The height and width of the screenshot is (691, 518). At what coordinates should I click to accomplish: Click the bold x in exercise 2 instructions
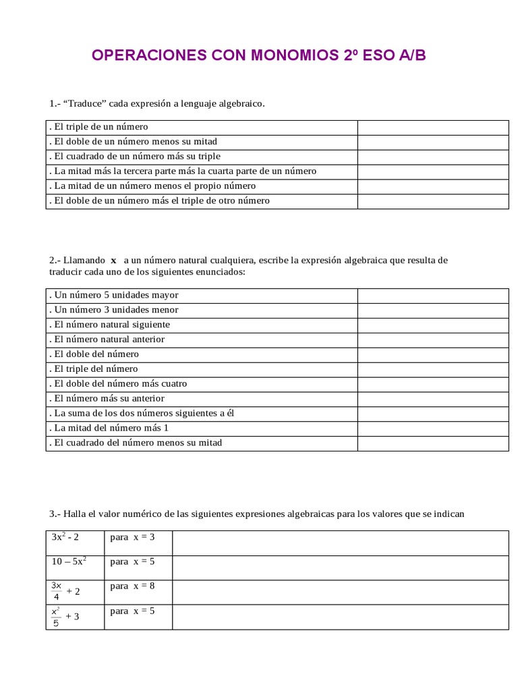[114, 260]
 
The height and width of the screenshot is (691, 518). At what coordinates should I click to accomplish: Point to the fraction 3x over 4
[57, 590]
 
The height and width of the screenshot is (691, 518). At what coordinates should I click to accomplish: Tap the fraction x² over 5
[56, 616]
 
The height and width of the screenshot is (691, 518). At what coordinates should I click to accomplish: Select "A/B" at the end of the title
[411, 55]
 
